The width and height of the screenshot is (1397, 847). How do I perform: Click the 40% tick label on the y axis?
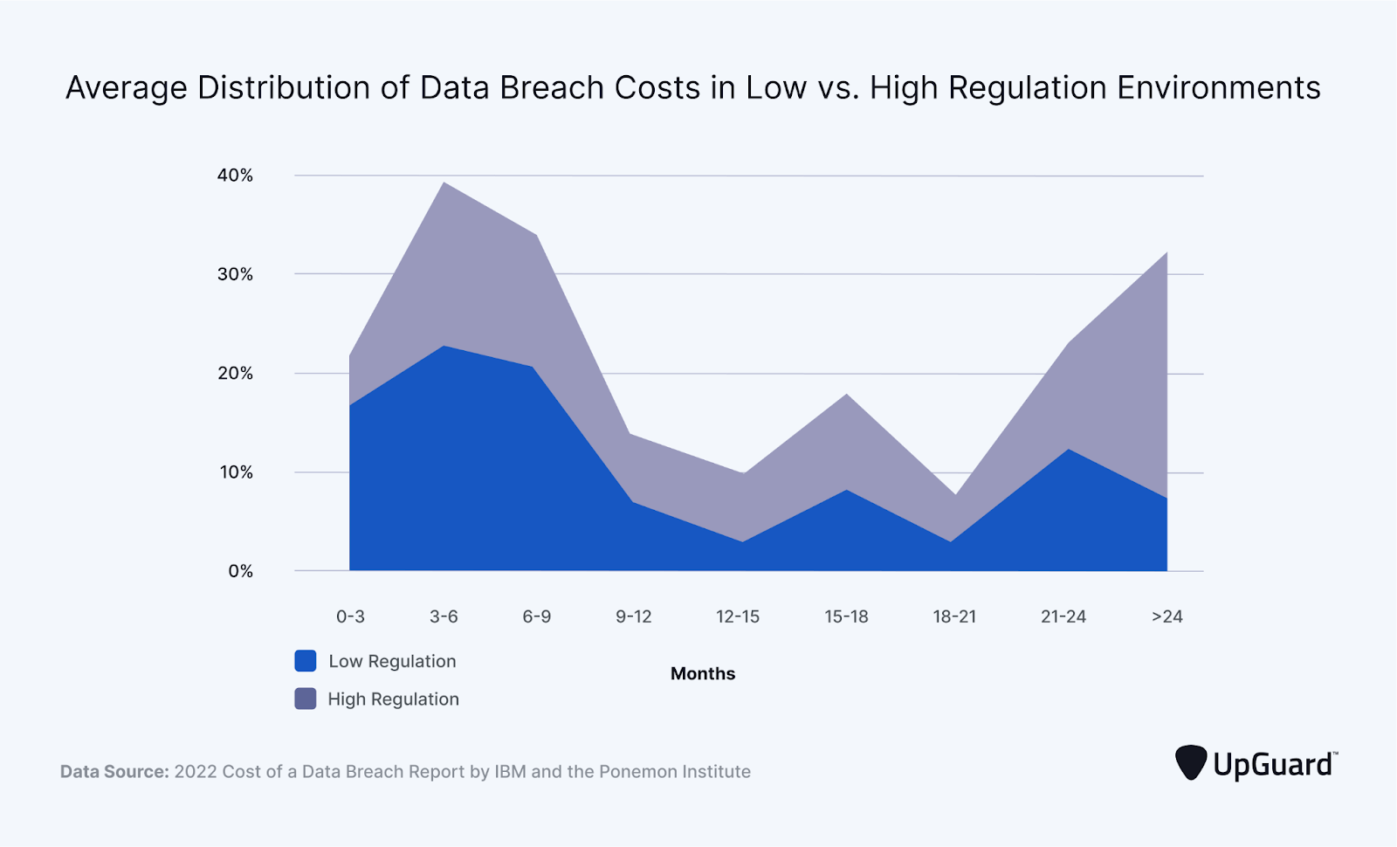coord(235,176)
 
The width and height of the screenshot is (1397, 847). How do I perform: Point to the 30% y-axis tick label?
coord(235,274)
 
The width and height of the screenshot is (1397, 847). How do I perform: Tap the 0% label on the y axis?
coord(240,571)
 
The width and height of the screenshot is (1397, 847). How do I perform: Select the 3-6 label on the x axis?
coord(444,616)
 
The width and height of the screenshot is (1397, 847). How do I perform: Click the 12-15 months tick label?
coord(738,616)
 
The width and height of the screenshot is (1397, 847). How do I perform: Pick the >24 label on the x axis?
coord(1166,616)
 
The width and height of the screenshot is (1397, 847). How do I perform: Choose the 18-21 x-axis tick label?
coord(954,616)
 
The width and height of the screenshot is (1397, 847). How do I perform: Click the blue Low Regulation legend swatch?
coord(306,661)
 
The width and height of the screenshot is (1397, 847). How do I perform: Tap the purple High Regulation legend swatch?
coord(306,699)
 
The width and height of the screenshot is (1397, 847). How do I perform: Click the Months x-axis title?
coord(703,673)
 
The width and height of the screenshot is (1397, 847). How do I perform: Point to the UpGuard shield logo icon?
coord(1191,762)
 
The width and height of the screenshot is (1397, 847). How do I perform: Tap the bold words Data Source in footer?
coord(114,772)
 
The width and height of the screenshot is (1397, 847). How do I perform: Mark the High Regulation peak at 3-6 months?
coord(444,182)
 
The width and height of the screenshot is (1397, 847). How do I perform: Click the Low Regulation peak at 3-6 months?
coord(444,346)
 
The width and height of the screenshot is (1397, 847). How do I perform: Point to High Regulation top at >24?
coord(1166,252)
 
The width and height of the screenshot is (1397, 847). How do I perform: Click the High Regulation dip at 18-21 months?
coord(956,495)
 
